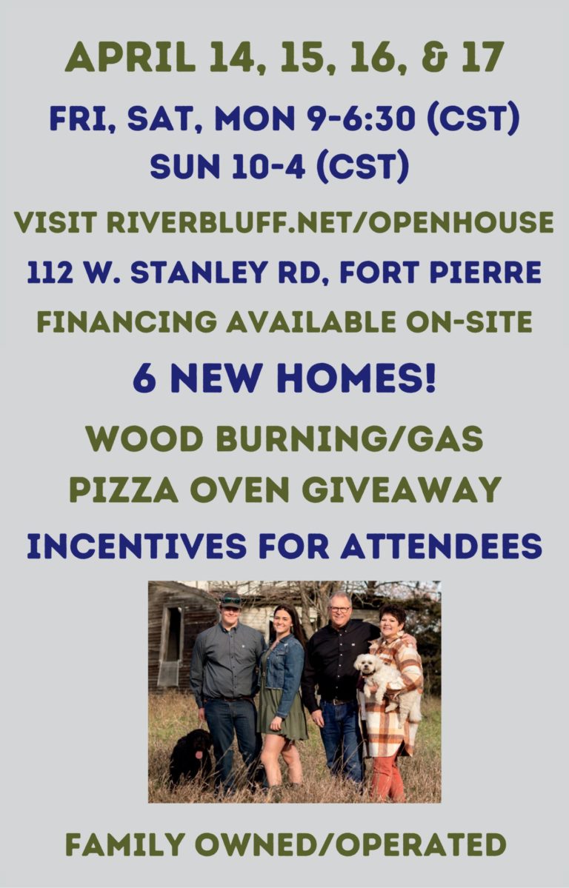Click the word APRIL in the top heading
[130, 57]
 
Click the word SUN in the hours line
[184, 167]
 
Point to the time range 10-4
[269, 167]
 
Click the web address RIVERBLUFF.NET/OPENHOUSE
[330, 222]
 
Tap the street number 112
[50, 273]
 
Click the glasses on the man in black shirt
[340, 610]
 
